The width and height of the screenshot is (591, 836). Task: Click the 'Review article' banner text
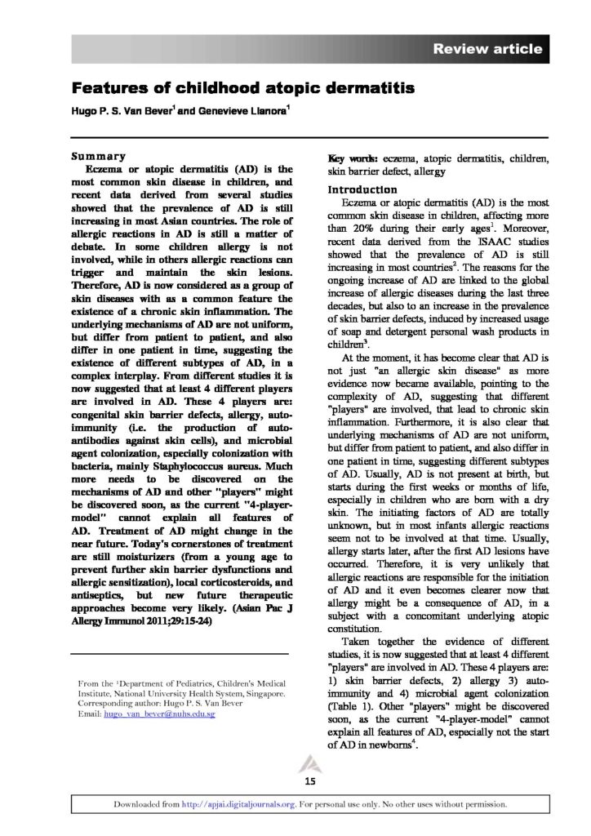tap(487, 50)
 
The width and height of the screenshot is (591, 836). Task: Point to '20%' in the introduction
tap(364, 230)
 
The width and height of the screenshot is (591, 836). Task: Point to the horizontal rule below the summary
tap(180, 655)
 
